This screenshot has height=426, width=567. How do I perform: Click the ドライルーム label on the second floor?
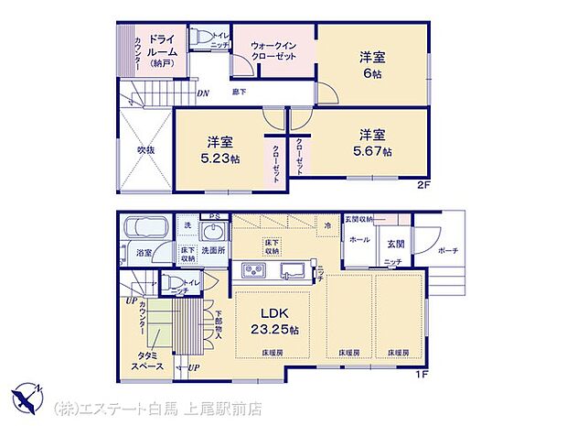166,49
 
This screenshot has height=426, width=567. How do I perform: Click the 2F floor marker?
422,183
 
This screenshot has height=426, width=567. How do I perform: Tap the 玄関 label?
395,244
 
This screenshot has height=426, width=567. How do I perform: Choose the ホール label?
358,239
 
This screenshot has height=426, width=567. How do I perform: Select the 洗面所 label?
213,250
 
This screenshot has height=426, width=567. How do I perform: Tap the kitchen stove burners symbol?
251,269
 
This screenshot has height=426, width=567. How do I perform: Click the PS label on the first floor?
214,217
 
